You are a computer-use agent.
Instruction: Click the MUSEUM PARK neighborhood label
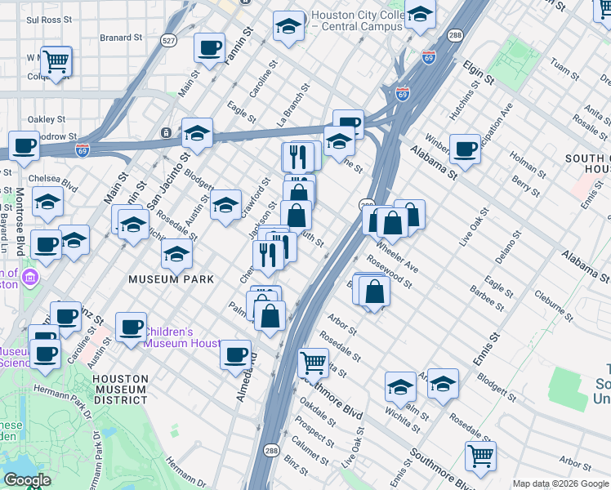point(171,279)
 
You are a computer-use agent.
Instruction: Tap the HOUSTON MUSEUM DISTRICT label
point(120,390)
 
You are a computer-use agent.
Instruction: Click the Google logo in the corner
point(27,480)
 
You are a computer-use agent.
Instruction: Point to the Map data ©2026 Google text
point(560,483)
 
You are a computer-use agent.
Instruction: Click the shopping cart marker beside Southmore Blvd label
point(314,361)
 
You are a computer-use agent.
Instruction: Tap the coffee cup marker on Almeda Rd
point(236,354)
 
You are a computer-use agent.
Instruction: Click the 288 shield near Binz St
point(271,449)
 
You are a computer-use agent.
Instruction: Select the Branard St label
point(121,38)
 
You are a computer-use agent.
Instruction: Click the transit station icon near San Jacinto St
point(167,132)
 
